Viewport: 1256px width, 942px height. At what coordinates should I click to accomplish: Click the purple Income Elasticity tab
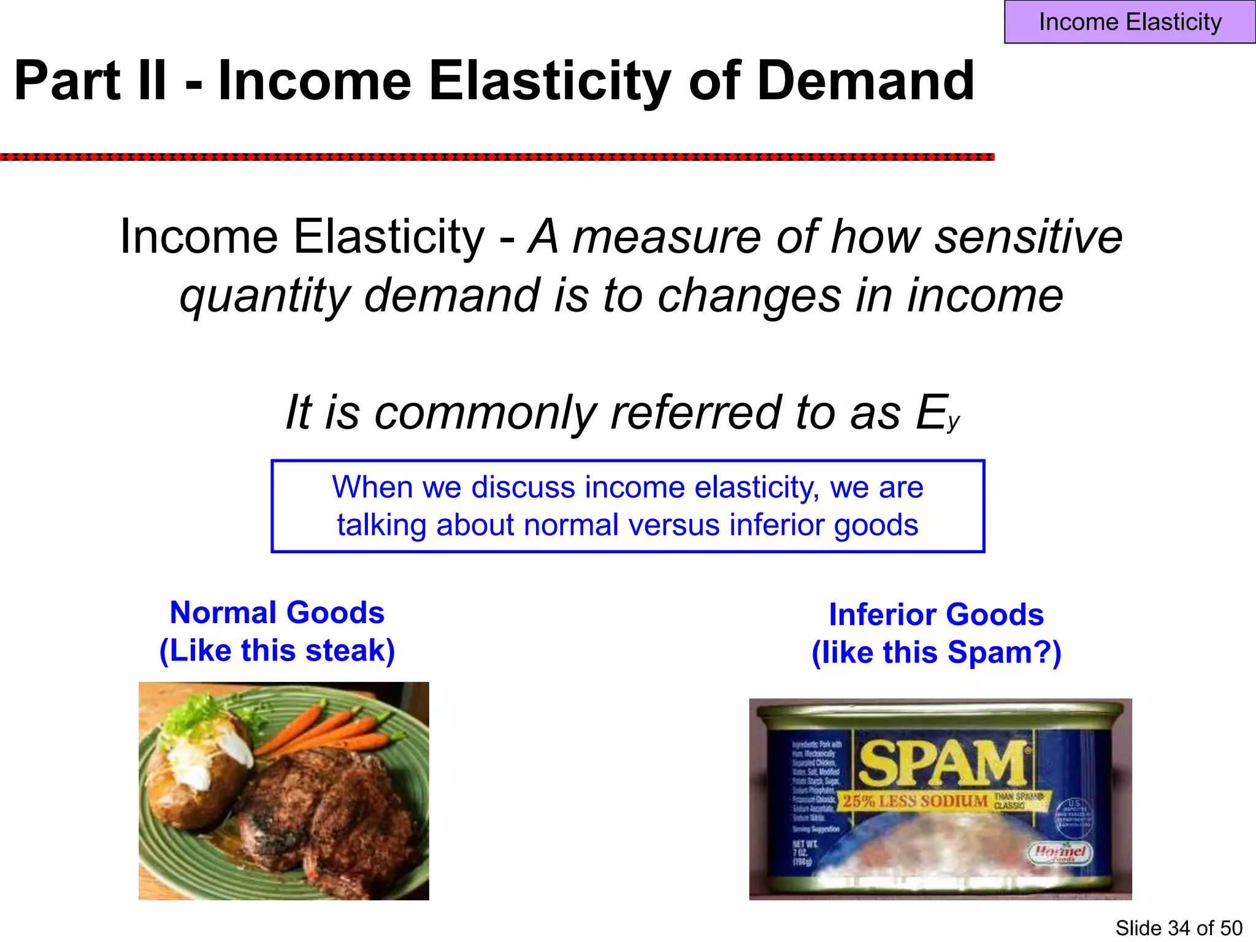1130,22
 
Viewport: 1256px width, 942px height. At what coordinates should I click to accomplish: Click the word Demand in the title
865,81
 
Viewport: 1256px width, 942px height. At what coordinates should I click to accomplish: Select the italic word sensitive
1028,237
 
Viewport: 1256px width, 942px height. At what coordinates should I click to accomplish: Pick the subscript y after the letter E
952,423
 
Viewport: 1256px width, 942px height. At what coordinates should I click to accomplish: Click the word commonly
485,413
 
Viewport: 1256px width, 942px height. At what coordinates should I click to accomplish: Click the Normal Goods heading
277,613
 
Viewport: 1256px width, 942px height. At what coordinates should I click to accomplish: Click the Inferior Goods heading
936,615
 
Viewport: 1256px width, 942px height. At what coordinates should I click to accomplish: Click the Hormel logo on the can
1060,852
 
